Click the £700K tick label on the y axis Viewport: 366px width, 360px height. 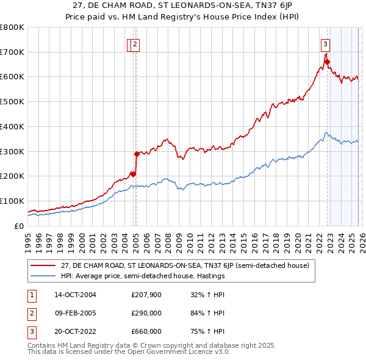coord(12,52)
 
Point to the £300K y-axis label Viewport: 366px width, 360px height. coord(12,151)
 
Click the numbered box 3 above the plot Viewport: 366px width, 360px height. coord(326,43)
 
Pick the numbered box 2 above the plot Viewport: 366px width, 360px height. coord(135,43)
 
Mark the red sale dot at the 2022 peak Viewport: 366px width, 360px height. coord(327,61)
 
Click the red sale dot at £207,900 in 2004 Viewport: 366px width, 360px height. coord(133,174)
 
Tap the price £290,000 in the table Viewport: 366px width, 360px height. coord(146,313)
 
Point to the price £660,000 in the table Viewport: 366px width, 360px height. coord(146,331)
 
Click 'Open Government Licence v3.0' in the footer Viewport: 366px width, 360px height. coord(178,352)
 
